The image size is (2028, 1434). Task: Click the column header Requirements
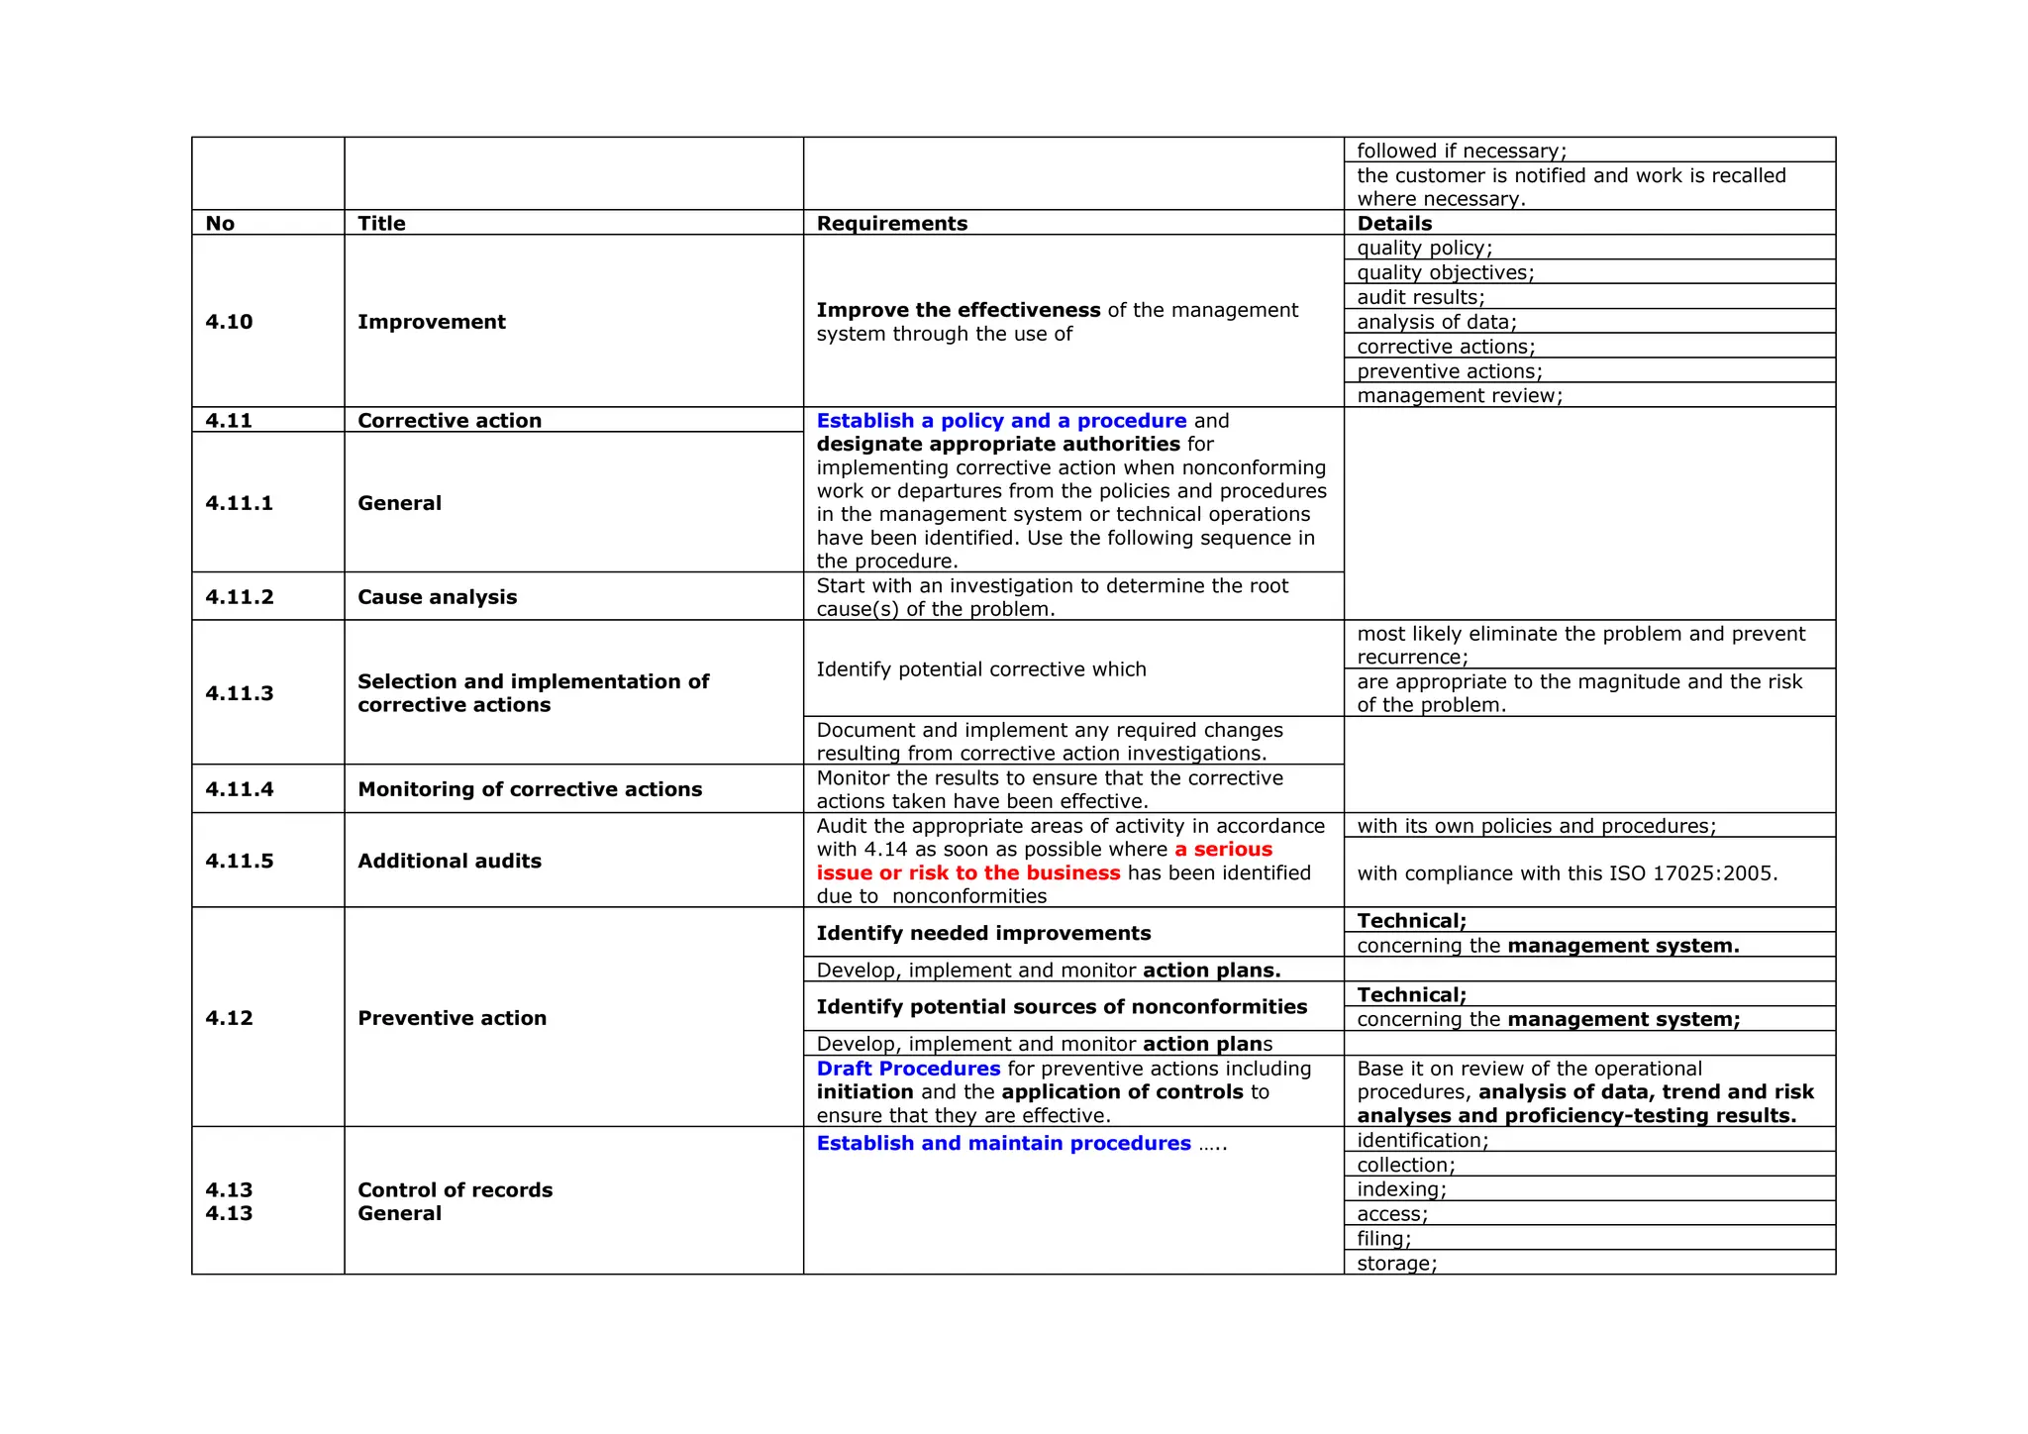[891, 224]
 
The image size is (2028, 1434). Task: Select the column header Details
[1393, 224]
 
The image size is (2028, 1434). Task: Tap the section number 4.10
[229, 322]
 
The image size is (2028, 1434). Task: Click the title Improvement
[431, 322]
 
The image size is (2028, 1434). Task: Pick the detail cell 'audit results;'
[1420, 297]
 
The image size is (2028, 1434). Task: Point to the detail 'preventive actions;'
[1449, 371]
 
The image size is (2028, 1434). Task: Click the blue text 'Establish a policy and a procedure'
[1000, 421]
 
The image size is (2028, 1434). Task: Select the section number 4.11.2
[239, 597]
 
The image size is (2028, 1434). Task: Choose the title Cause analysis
[437, 597]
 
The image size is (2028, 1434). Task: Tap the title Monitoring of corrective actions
[529, 789]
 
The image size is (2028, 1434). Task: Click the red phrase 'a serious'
[1223, 850]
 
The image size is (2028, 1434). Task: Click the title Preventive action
[452, 1018]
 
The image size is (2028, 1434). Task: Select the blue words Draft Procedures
[908, 1069]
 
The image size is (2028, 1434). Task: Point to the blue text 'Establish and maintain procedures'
[1003, 1144]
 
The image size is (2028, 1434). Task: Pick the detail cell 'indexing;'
[1401, 1189]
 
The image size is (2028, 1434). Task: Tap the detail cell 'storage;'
[1396, 1264]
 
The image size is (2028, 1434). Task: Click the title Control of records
[455, 1190]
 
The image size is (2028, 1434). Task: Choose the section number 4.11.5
[239, 862]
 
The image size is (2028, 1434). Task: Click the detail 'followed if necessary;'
[1461, 151]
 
